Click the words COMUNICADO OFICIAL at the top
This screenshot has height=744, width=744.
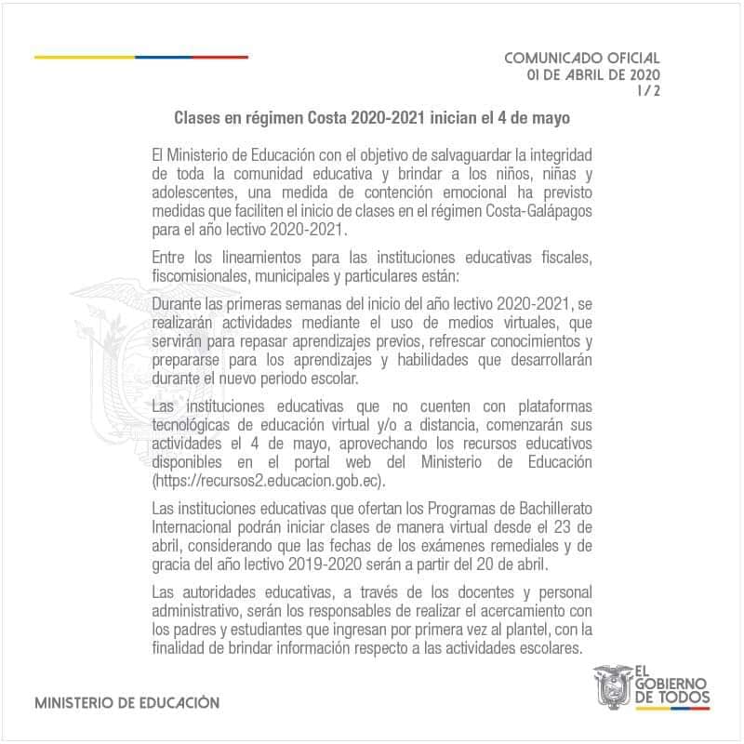581,58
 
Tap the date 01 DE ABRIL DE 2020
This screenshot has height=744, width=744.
592,74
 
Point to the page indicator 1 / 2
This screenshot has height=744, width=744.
648,90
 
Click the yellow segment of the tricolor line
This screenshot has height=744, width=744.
85,57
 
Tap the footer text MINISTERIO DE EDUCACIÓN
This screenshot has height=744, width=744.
126,703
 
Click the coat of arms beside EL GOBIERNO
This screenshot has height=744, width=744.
612,686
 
